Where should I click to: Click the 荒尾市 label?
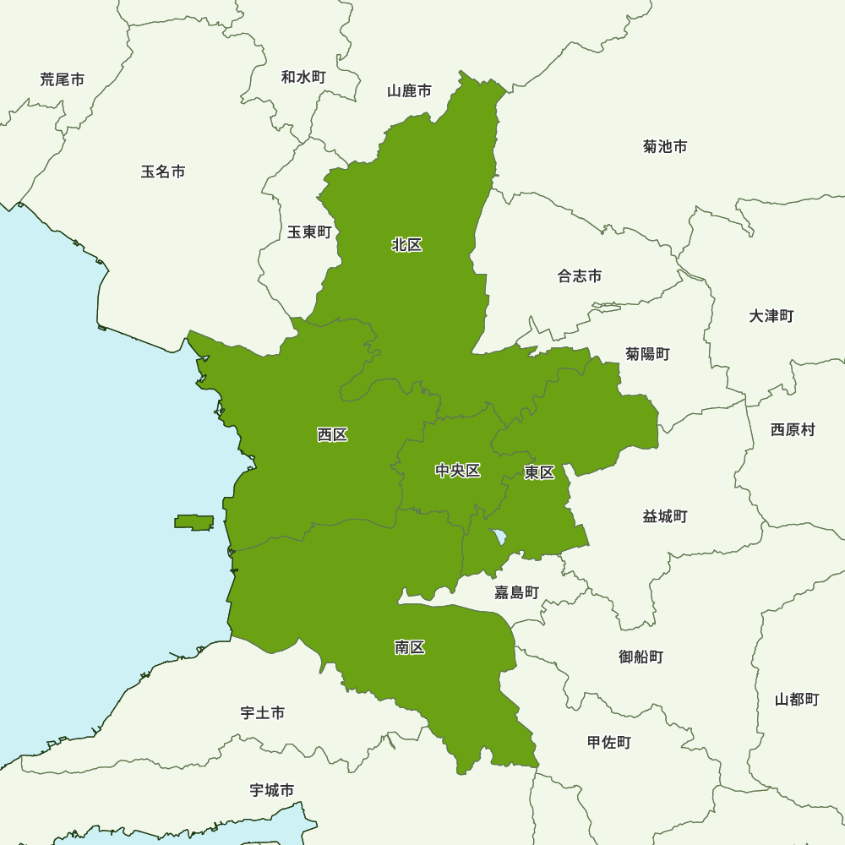63,79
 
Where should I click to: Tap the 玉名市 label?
163,172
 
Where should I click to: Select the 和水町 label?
303,77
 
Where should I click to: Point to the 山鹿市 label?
410,90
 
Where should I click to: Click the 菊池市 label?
665,146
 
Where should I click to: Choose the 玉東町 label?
309,232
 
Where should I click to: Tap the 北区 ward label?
406,245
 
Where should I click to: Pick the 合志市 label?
580,275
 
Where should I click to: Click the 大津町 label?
771,315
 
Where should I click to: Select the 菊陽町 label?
647,353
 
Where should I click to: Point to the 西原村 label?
793,429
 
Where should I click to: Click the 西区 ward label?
332,435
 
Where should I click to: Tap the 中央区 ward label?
458,471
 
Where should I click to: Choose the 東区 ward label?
539,472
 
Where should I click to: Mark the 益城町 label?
665,515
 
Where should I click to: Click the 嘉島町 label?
516,592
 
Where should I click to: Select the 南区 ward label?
410,647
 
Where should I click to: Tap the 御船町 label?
641,656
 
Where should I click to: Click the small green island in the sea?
194,522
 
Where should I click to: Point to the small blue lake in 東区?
499,537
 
